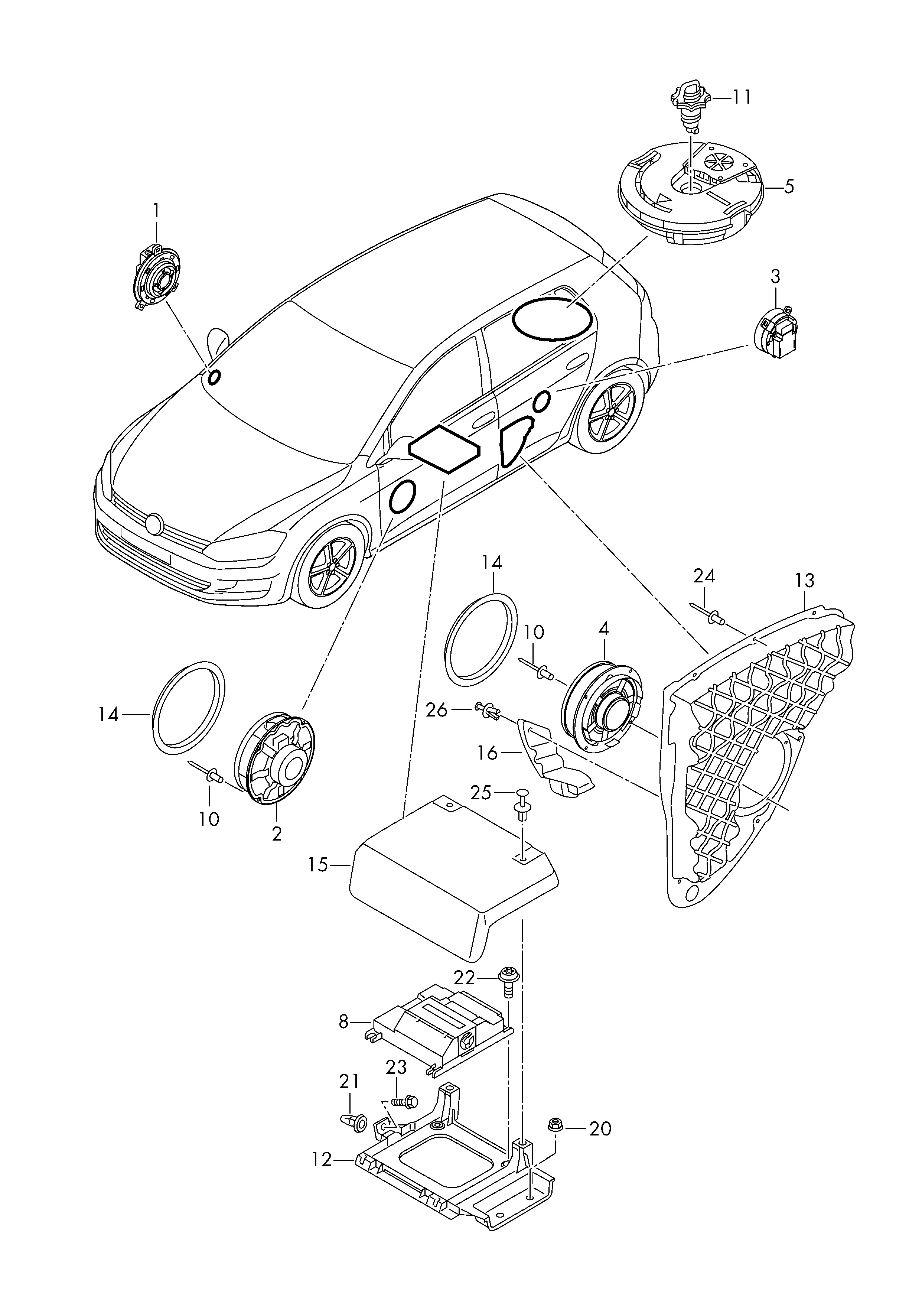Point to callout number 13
(x=805, y=581)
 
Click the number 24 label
(x=704, y=576)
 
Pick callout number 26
(x=437, y=710)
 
